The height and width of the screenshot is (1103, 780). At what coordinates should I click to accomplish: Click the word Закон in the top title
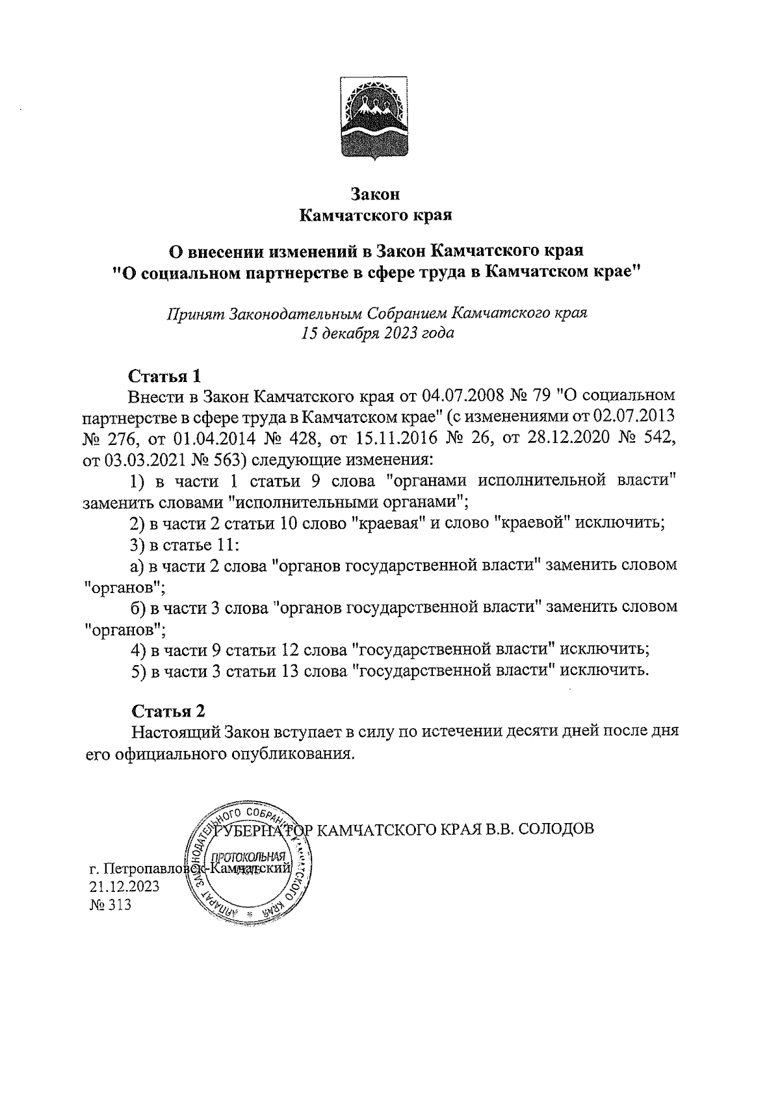coord(375,194)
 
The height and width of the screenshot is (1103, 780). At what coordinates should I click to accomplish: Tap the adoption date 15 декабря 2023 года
coord(376,334)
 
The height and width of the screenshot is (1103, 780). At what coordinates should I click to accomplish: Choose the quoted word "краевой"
coord(533,523)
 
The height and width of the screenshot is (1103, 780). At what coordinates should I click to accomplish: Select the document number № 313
coord(110,904)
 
